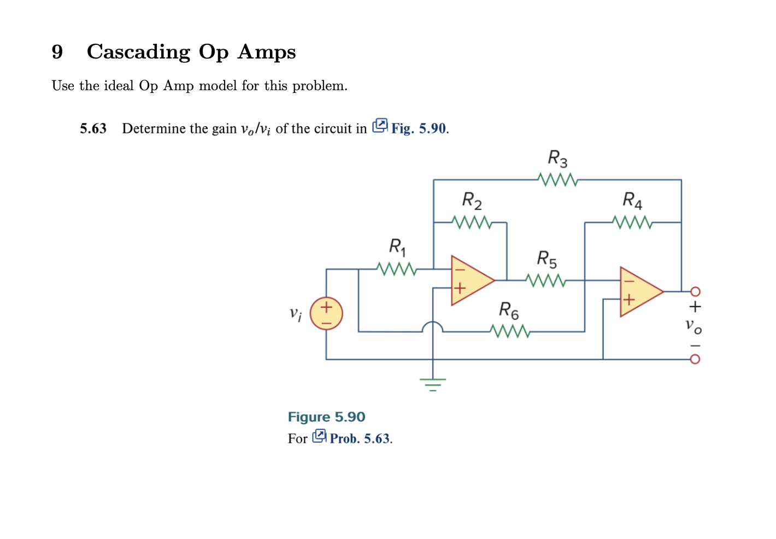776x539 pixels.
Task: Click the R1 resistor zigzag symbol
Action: tap(396, 269)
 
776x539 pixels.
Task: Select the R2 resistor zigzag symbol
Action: tap(472, 222)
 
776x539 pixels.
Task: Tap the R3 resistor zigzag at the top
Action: tap(557, 179)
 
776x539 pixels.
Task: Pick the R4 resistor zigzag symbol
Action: tap(632, 222)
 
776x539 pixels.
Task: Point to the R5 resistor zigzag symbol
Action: tap(545, 280)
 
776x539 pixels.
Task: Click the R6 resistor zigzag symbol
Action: tap(509, 331)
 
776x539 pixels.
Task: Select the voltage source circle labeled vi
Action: tap(326, 314)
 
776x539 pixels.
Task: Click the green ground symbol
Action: tap(433, 384)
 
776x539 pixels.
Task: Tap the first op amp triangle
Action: tap(471, 280)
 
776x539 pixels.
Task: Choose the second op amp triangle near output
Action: tap(639, 292)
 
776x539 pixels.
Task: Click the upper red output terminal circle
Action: tap(695, 291)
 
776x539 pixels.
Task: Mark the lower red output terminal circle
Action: tap(695, 359)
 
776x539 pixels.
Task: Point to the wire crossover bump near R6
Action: tap(433, 326)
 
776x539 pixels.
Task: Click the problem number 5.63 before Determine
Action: tap(93, 128)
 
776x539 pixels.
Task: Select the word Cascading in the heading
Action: tap(138, 52)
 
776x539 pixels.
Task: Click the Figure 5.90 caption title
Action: tap(326, 417)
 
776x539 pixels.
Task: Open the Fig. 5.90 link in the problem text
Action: tap(418, 128)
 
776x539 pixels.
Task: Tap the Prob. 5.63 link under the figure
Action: tap(360, 438)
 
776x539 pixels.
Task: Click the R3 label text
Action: tap(557, 159)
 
